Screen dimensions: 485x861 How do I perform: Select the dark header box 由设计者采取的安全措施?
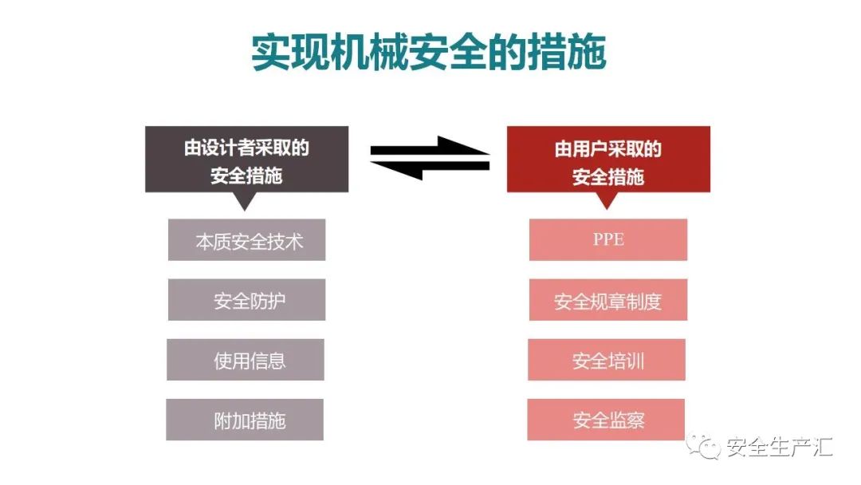(246, 160)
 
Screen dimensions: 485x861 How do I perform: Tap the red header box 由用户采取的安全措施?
(608, 160)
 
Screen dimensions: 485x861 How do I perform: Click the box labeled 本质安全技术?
(247, 240)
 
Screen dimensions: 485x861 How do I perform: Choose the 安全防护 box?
(247, 300)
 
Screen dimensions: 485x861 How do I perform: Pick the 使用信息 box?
(246, 360)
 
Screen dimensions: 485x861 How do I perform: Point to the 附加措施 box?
(246, 420)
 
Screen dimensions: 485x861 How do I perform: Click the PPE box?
(608, 240)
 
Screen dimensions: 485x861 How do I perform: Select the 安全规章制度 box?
(608, 300)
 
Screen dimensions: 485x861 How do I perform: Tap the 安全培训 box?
(607, 360)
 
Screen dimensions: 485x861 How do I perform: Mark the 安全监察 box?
(607, 420)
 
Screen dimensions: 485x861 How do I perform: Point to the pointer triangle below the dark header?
(246, 201)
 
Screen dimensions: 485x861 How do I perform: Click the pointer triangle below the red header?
(607, 201)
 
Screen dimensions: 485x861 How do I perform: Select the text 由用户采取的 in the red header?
(608, 149)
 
